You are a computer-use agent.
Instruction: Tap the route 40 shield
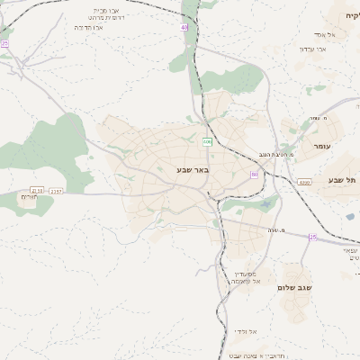point(184,28)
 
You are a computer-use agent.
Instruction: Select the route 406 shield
point(207,141)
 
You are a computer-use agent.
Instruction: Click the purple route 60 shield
point(255,174)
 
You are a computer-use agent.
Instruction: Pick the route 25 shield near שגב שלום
point(312,237)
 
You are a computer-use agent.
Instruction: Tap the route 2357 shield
point(56,191)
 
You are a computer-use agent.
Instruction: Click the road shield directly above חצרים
point(36,190)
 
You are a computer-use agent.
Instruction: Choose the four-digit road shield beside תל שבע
point(304,182)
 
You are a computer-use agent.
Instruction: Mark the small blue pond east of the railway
point(349,216)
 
